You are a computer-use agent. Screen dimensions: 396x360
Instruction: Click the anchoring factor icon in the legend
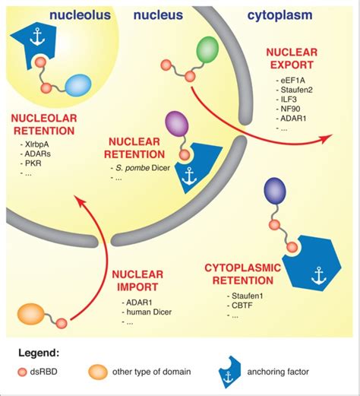pyautogui.click(x=229, y=372)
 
